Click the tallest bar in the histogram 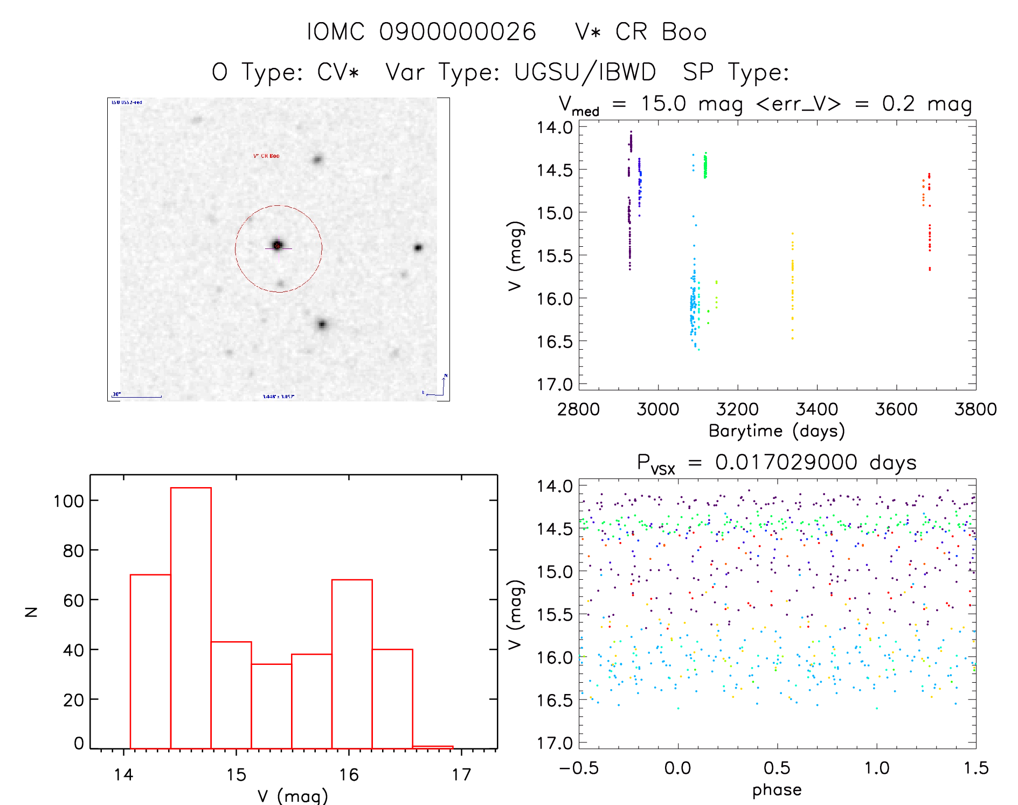click(191, 617)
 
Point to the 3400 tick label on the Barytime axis click(816, 410)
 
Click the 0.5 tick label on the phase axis click(777, 768)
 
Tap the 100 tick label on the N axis click(68, 501)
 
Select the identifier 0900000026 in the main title click(458, 32)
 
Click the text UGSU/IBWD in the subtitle click(585, 72)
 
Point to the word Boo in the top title click(684, 32)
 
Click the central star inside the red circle click(278, 245)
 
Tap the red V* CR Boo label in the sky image click(266, 156)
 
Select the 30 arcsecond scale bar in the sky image click(137, 397)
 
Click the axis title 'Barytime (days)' click(777, 431)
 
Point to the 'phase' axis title click(777, 790)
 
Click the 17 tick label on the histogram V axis click(461, 775)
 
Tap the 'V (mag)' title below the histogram click(293, 796)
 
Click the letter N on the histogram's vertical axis click(31, 612)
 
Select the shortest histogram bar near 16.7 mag click(433, 747)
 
